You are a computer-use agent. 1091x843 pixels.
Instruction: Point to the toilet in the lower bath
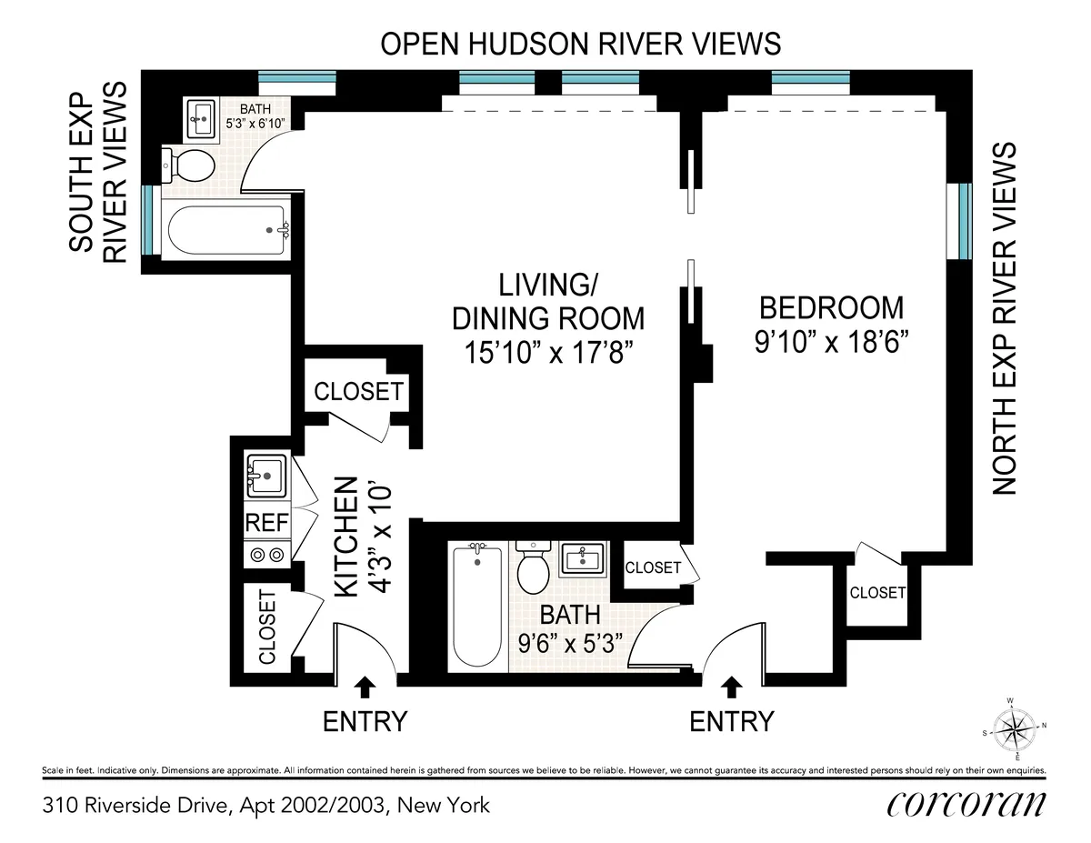click(531, 565)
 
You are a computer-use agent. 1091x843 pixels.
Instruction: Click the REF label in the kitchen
click(265, 524)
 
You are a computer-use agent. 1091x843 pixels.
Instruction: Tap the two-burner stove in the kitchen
click(265, 553)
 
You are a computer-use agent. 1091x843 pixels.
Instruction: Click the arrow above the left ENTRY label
click(365, 685)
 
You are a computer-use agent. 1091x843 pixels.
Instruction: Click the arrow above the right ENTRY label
click(732, 685)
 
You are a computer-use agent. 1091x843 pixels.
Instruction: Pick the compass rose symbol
click(1015, 728)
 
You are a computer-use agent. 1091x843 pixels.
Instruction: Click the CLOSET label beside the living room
click(357, 391)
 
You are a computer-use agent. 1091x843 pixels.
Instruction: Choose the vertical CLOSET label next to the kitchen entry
click(267, 627)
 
